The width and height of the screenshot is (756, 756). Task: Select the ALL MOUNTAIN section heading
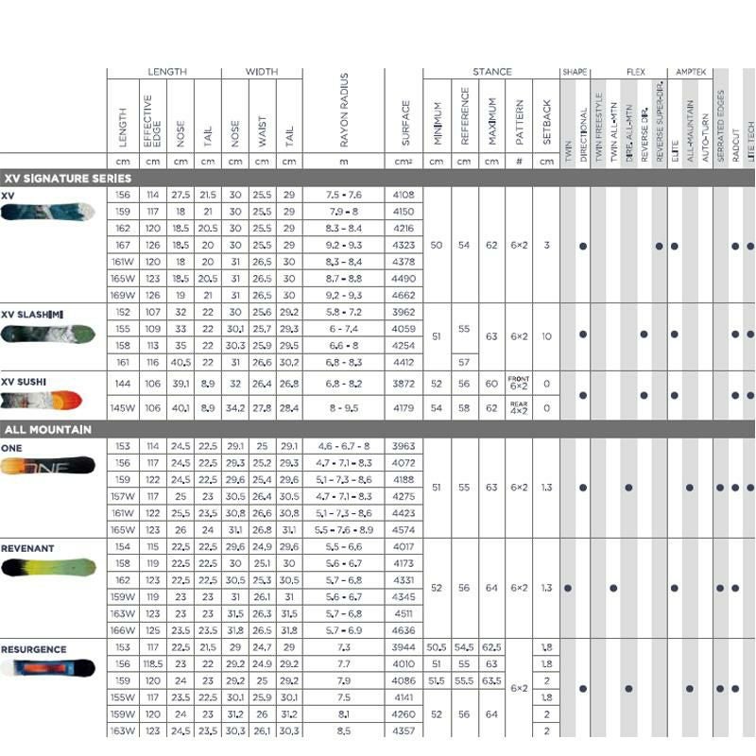pyautogui.click(x=47, y=430)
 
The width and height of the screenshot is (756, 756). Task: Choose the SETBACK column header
pyautogui.click(x=546, y=124)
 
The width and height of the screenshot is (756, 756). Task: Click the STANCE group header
pyautogui.click(x=491, y=72)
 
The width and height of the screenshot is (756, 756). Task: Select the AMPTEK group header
pyautogui.click(x=689, y=72)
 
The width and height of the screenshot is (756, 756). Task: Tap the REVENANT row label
pyautogui.click(x=27, y=548)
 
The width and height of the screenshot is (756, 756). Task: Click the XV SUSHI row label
pyautogui.click(x=24, y=382)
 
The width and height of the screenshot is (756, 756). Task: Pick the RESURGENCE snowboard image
pyautogui.click(x=48, y=669)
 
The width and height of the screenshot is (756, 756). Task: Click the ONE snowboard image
pyautogui.click(x=48, y=466)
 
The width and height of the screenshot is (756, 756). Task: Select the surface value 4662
pyautogui.click(x=404, y=295)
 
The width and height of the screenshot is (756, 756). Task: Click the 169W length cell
pyautogui.click(x=123, y=295)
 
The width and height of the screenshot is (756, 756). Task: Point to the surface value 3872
pyautogui.click(x=404, y=385)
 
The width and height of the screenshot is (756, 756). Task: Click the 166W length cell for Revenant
pyautogui.click(x=123, y=629)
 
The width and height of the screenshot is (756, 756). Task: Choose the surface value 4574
pyautogui.click(x=404, y=531)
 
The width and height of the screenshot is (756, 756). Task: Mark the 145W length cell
pyautogui.click(x=123, y=408)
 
